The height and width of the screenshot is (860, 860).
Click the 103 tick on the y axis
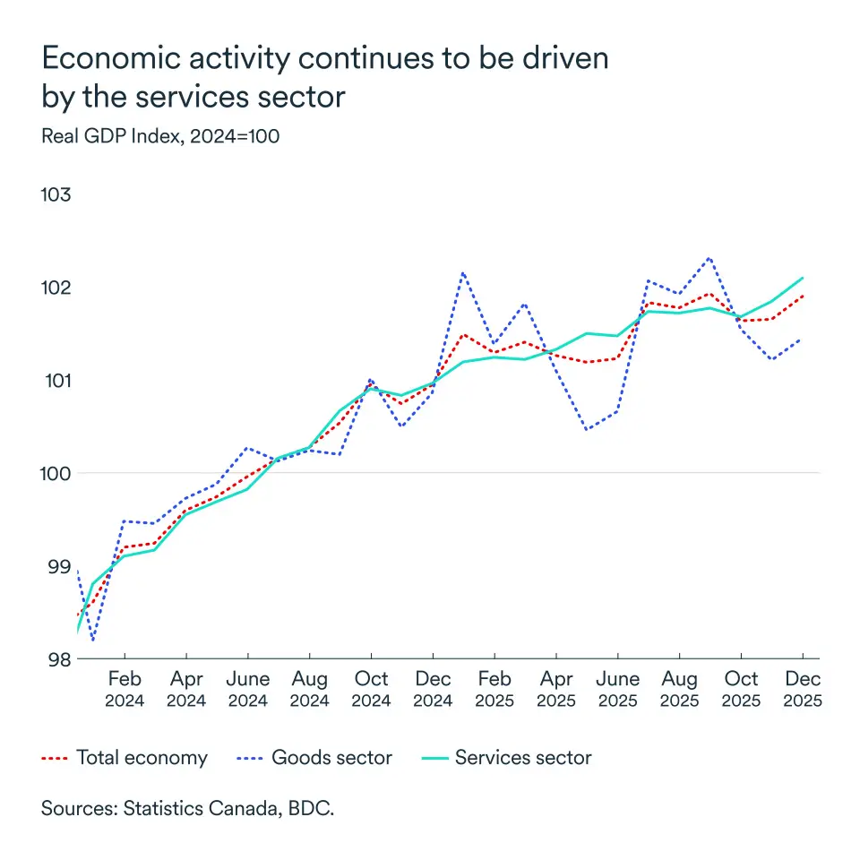coord(59,194)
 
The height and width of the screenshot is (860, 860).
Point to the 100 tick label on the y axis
coord(59,473)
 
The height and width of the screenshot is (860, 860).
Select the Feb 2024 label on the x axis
coord(125,689)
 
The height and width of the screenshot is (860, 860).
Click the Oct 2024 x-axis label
coord(371,689)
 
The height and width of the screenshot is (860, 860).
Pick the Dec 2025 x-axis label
coord(803,689)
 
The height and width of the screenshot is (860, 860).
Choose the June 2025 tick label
coord(618,689)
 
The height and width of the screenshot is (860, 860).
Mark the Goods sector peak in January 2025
coord(463,272)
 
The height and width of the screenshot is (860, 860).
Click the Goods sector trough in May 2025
coord(587,430)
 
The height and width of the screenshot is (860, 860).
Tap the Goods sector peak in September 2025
coord(710,258)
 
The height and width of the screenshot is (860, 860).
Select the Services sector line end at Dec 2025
coord(803,278)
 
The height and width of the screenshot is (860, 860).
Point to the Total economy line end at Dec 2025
coord(803,296)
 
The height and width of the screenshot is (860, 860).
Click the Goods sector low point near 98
coord(93,640)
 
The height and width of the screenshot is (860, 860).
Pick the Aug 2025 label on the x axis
coord(680,689)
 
